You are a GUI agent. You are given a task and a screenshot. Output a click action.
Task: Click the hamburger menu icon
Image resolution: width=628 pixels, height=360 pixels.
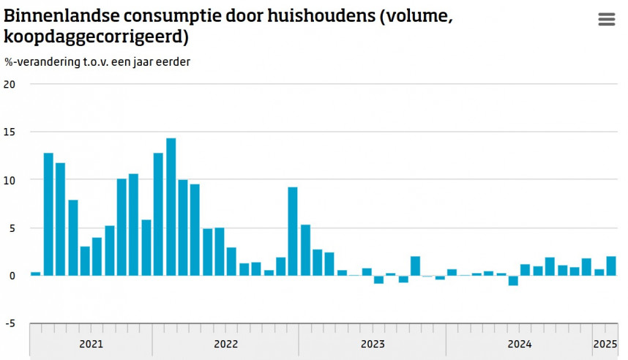coord(607,20)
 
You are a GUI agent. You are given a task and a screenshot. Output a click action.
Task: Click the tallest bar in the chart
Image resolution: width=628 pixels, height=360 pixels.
coord(171,206)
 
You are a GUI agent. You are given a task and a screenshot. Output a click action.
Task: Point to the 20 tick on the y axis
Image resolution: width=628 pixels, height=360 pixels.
coord(10,83)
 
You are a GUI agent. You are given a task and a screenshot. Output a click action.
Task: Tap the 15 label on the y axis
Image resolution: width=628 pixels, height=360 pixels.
coord(10,132)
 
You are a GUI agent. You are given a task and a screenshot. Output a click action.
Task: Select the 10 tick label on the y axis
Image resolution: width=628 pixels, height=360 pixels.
coord(10,180)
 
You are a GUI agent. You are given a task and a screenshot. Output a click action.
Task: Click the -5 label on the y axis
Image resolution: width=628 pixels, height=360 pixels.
coord(10,323)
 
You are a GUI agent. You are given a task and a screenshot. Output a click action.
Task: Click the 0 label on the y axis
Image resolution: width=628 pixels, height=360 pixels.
coord(12,275)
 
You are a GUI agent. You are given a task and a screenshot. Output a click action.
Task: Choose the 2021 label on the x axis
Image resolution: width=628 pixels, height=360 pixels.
coord(91,343)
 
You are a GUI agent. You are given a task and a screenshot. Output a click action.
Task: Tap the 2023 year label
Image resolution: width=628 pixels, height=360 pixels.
coord(373,343)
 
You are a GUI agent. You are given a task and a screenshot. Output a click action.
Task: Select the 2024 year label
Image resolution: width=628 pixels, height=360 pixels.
coord(519,343)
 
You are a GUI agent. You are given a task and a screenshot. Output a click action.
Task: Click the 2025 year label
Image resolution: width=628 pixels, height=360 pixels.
coord(605,343)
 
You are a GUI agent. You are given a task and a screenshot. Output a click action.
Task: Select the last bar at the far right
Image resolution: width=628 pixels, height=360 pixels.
coord(610,266)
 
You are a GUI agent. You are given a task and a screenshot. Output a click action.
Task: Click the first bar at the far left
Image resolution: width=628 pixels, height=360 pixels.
coord(35,274)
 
